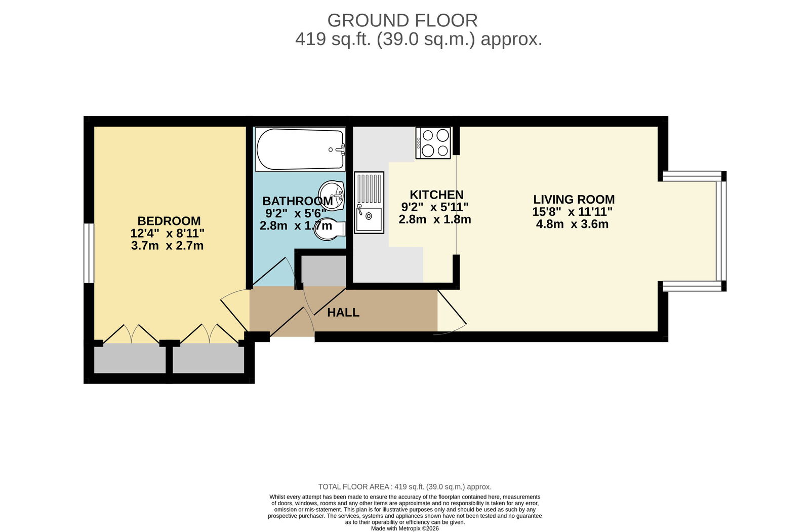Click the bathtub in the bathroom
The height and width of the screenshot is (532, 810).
click(x=300, y=149)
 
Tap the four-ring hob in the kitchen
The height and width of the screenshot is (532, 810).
click(x=433, y=142)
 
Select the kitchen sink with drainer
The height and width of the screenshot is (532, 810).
click(x=369, y=202)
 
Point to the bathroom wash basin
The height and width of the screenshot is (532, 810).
click(x=331, y=196)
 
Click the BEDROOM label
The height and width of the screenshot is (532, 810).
click(x=169, y=221)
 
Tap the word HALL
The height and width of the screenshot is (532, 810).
click(x=343, y=312)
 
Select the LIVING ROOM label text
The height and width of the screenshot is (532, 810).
click(x=574, y=200)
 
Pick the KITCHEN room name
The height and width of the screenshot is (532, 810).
click(x=436, y=195)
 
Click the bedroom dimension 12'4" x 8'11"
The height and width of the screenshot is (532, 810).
click(x=168, y=233)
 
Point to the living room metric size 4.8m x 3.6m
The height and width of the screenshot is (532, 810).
click(x=572, y=224)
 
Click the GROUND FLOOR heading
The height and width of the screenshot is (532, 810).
click(x=402, y=21)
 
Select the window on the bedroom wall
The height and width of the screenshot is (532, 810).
click(x=89, y=253)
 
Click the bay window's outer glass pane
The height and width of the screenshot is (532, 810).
click(x=721, y=231)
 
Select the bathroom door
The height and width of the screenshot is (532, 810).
click(x=274, y=272)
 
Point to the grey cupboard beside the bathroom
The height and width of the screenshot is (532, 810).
click(x=323, y=271)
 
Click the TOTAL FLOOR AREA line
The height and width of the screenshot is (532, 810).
click(x=404, y=487)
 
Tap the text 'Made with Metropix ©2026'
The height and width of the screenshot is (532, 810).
click(x=404, y=528)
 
